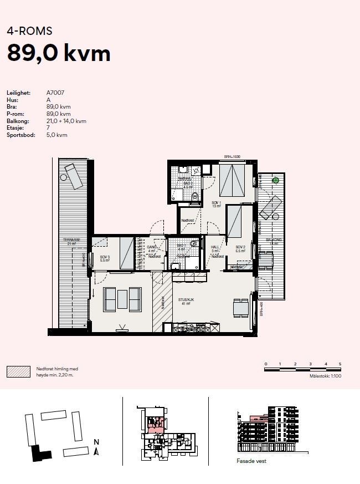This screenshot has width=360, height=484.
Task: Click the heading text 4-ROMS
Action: click(29, 31)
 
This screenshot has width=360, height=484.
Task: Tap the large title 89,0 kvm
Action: click(59, 53)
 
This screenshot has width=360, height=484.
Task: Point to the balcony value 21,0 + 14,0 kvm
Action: click(66, 121)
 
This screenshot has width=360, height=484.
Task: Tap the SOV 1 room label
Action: click(216, 203)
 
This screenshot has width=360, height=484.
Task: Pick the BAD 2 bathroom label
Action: click(188, 184)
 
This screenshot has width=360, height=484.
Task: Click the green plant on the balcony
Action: click(275, 180)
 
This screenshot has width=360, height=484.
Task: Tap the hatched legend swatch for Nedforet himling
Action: click(18, 371)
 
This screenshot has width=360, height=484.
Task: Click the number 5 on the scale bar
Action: click(340, 364)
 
